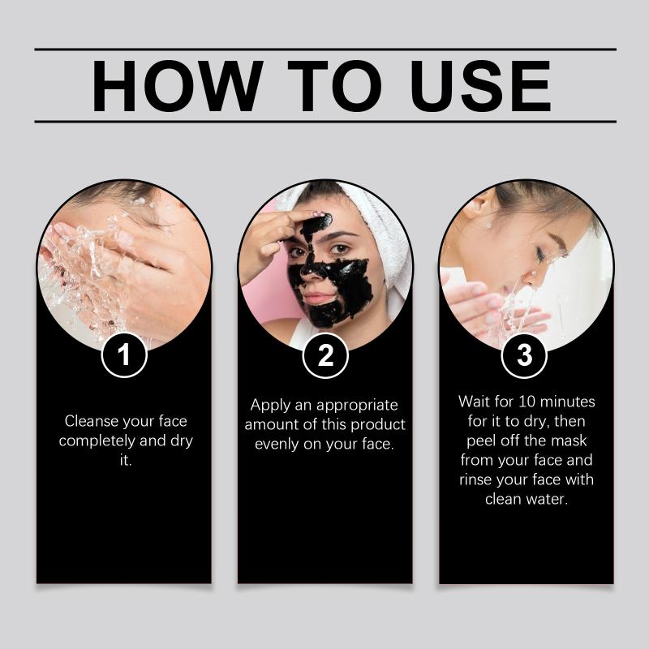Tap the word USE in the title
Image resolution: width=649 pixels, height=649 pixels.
click(480, 86)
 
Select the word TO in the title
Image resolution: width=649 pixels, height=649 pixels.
click(334, 86)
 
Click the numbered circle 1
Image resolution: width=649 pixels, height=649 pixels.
click(124, 355)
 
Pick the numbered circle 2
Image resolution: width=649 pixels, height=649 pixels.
click(325, 355)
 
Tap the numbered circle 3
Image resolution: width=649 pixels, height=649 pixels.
click(524, 355)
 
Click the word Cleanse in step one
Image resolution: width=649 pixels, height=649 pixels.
click(92, 421)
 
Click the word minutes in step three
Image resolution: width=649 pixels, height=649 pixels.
click(568, 402)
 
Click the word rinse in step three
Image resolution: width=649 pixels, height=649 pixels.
click(475, 479)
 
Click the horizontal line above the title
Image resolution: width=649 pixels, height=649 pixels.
click(325, 49)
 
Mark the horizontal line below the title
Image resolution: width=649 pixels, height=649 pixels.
click(325, 122)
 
